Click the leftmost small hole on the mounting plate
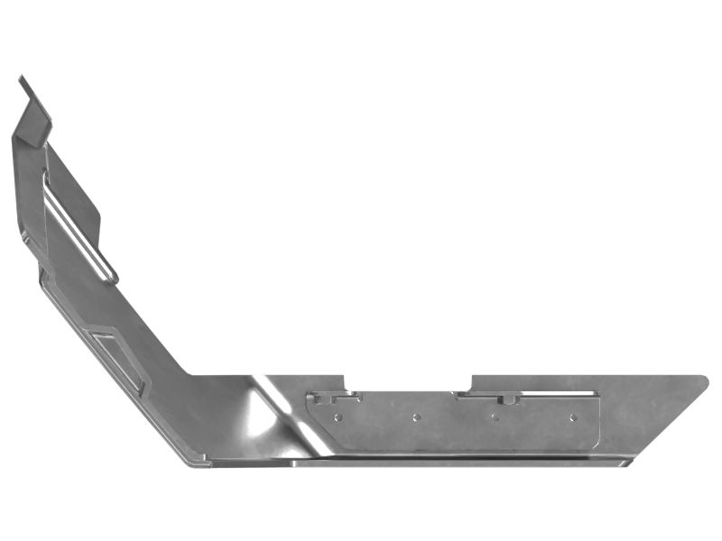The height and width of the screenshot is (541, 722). pyautogui.click(x=338, y=417)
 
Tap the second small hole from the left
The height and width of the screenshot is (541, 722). pyautogui.click(x=416, y=417)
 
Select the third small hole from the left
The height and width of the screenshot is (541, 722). pyautogui.click(x=495, y=417)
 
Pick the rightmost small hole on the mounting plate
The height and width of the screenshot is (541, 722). pyautogui.click(x=572, y=417)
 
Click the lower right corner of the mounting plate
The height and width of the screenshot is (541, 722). pyautogui.click(x=597, y=445)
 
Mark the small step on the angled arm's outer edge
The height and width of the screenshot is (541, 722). pyautogui.click(x=41, y=270)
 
